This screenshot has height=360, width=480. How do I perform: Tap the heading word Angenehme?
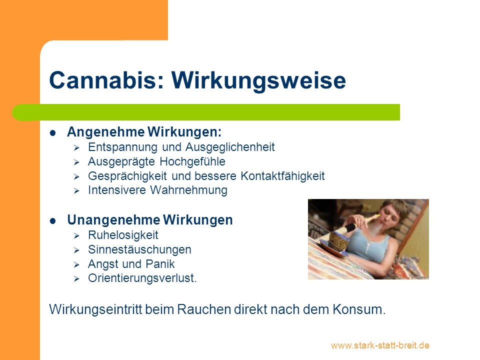tap(105, 132)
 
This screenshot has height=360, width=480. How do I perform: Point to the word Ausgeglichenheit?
tap(230, 147)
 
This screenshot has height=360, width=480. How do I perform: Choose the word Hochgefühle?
tap(192, 161)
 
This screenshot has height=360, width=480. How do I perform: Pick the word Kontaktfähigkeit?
tap(282, 176)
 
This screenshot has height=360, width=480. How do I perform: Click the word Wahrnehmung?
tap(188, 190)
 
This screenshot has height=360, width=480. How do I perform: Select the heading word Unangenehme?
tap(113, 220)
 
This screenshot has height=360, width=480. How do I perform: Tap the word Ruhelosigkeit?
tap(123, 235)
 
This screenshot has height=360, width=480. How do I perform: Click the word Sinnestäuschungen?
tap(139, 250)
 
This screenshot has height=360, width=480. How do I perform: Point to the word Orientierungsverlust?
tap(142, 278)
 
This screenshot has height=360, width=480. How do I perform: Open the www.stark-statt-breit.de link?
tap(380, 345)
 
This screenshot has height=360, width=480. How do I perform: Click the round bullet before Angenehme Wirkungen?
tap(53, 133)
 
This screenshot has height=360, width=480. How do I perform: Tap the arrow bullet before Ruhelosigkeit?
tap(76, 235)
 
